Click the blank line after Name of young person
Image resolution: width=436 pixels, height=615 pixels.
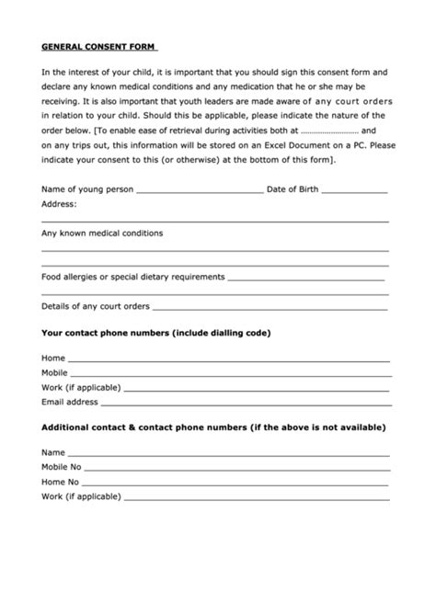coord(199,192)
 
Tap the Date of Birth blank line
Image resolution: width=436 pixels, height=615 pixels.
coord(355,192)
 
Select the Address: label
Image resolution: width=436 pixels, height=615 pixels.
coord(59,205)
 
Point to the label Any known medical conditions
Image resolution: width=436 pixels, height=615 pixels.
coord(102,233)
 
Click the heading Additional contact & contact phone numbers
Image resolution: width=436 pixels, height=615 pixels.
coord(213,428)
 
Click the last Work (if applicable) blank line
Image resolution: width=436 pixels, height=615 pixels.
coord(256,499)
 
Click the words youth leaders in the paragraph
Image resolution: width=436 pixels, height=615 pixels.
coord(217,102)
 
